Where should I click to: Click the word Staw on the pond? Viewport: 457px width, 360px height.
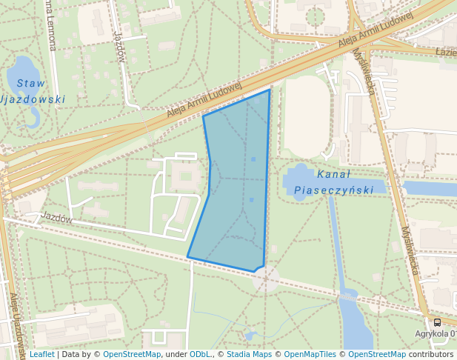[x=31, y=83]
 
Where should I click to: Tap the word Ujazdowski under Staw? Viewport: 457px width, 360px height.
[x=33, y=99]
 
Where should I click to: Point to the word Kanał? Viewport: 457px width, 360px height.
[x=333, y=175]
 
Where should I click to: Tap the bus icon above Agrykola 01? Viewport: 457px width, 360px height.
[x=437, y=322]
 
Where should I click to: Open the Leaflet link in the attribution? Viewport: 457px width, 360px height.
[x=41, y=354]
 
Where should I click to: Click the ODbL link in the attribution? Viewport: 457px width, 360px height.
[x=200, y=354]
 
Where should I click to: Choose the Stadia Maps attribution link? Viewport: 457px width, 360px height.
[x=249, y=354]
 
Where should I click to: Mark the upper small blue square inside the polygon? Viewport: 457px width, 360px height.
[x=253, y=159]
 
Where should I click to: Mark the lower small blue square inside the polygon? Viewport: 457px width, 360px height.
[x=252, y=200]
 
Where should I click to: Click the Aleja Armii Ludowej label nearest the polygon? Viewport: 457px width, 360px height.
[x=204, y=99]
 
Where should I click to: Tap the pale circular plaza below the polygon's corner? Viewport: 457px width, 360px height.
[x=267, y=279]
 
